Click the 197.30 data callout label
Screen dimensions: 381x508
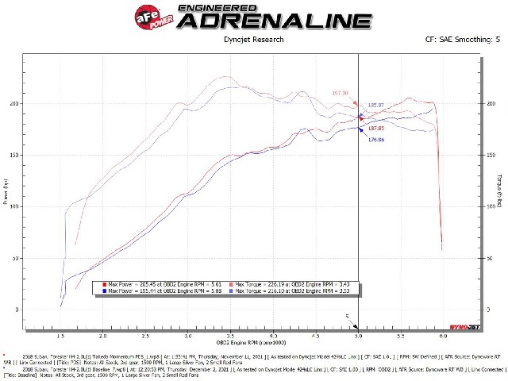(341, 93)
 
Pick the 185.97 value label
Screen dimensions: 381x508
(376, 105)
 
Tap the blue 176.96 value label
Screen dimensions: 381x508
(375, 140)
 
